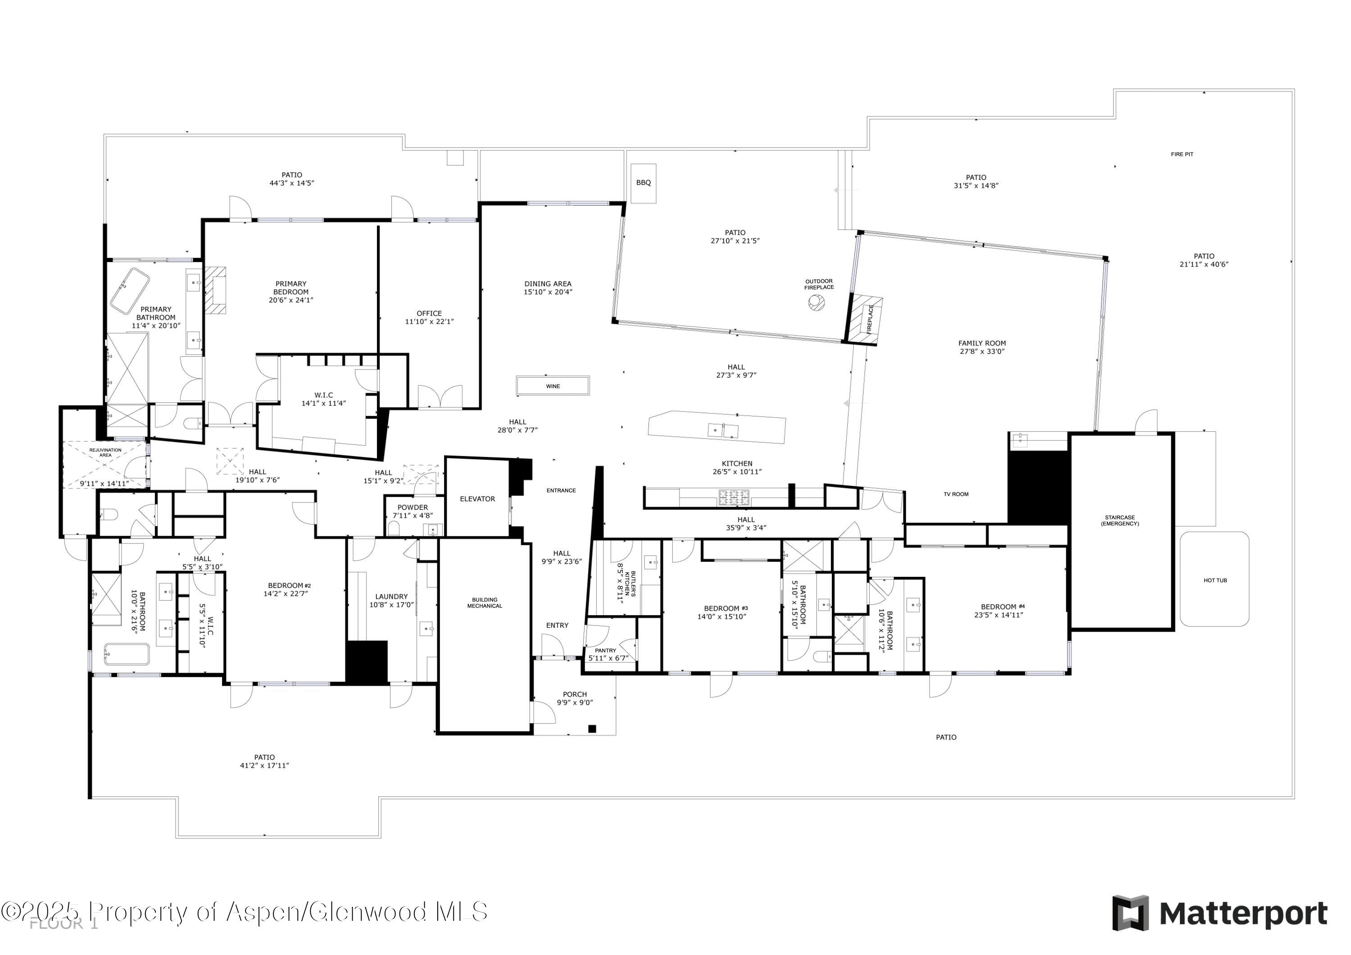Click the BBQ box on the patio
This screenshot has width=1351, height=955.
[643, 183]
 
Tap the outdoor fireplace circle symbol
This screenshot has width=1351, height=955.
[816, 303]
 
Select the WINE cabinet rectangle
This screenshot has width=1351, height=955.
[553, 386]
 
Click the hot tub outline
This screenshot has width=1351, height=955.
[1215, 579]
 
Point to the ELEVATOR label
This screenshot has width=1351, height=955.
[477, 499]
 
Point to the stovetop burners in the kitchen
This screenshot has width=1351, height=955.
[733, 498]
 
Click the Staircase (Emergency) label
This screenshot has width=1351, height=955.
[1120, 521]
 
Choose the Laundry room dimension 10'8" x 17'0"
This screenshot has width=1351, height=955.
[391, 605]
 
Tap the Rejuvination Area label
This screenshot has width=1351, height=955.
[105, 452]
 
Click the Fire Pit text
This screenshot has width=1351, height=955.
[1182, 154]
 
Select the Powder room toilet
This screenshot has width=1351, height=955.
[394, 529]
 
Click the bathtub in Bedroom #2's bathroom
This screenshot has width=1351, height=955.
[127, 654]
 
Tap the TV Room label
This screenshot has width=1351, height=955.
[956, 494]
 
